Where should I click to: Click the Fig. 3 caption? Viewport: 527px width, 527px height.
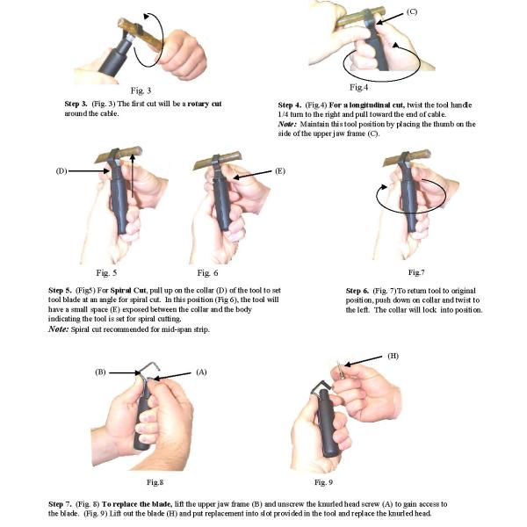point(141,90)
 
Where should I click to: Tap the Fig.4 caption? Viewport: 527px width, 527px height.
point(358,87)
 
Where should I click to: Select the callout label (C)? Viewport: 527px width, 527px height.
point(412,11)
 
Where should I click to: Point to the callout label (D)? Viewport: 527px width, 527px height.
point(61,171)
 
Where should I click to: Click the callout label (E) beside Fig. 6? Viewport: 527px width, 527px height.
point(280,171)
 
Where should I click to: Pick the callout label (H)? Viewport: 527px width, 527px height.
point(393,356)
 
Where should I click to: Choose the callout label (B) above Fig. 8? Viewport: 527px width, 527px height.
point(100,372)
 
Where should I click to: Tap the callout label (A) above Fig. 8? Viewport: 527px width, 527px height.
point(201,372)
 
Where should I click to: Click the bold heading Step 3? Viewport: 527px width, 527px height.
point(76,104)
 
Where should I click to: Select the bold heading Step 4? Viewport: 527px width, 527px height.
point(289,105)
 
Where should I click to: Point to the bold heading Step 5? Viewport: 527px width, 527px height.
point(60,291)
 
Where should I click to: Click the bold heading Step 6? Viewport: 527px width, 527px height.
point(357,291)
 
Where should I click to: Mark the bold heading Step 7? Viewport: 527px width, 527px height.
point(60,504)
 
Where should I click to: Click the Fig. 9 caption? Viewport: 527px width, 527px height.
point(323,482)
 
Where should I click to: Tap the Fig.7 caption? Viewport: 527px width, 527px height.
point(416,272)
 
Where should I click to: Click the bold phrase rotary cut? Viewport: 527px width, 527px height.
point(205,104)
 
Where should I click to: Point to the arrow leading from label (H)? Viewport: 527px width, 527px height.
point(364,361)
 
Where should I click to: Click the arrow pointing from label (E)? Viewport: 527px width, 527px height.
point(252,175)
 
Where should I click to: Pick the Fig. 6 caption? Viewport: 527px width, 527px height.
point(207,273)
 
